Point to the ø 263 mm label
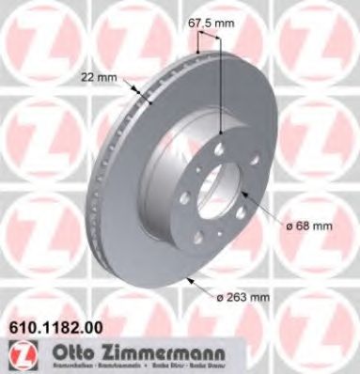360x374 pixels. click(x=243, y=298)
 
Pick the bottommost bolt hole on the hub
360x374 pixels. click(x=212, y=226)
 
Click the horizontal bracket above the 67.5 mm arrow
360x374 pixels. click(x=209, y=38)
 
